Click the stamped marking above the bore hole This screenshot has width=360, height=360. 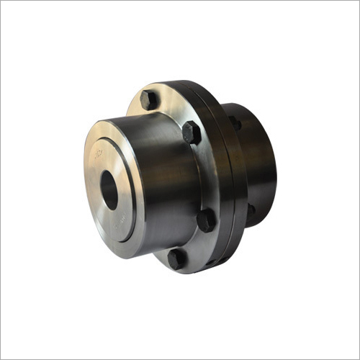click(x=99, y=153)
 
